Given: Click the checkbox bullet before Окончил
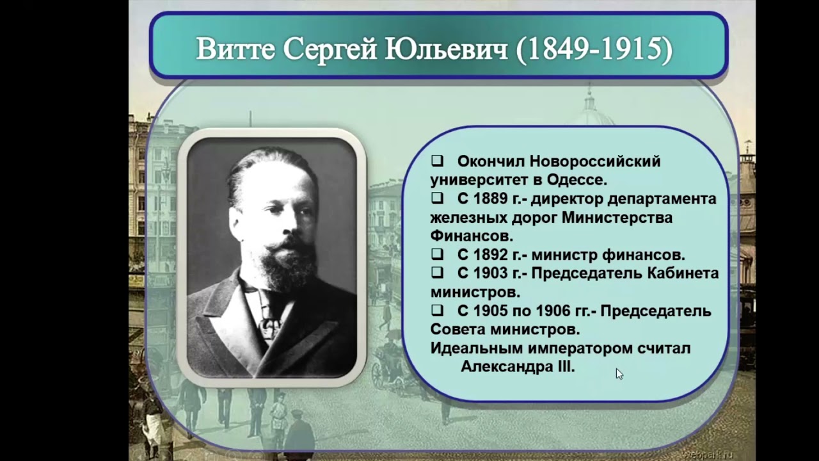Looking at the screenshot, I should [x=438, y=161].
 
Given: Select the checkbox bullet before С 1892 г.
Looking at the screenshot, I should [x=438, y=254].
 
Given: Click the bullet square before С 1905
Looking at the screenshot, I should [x=438, y=311].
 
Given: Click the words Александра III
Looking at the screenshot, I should [x=518, y=368].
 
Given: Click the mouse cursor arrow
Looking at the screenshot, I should [x=619, y=373].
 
